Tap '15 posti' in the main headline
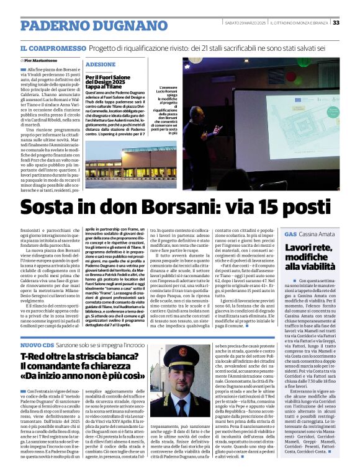click(x=289, y=205)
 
